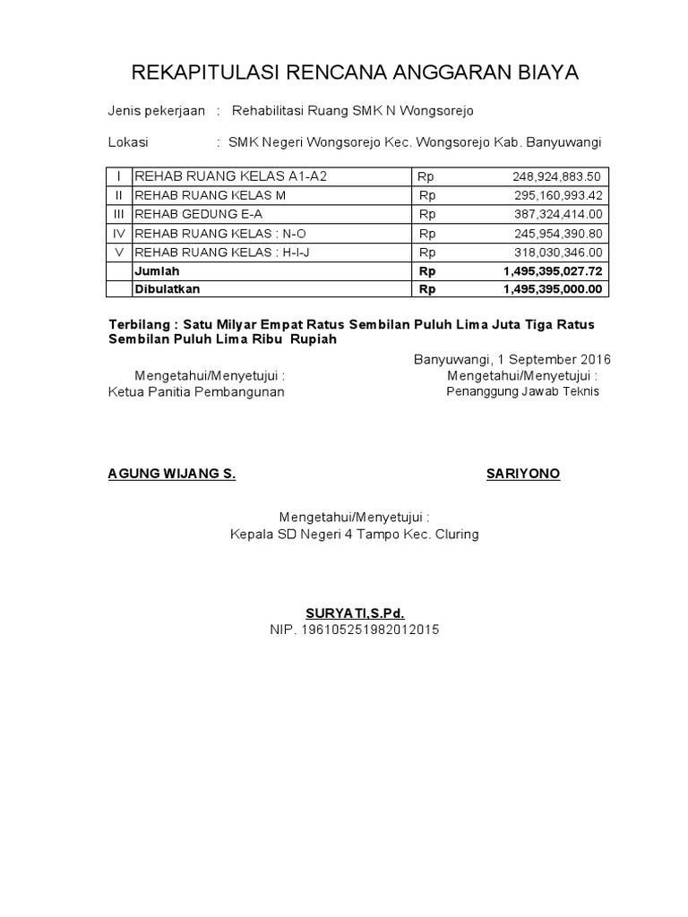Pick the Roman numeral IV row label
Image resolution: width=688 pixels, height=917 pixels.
[x=118, y=233]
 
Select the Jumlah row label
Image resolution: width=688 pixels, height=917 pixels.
[x=156, y=270]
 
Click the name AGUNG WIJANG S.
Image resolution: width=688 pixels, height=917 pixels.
[x=172, y=474]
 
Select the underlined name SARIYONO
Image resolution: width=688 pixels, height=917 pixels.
[x=523, y=474]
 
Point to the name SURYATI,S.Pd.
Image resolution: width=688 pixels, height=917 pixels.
[x=355, y=613]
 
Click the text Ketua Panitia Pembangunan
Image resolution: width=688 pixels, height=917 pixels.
[x=196, y=392]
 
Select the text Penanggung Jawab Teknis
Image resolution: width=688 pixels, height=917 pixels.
[x=523, y=391]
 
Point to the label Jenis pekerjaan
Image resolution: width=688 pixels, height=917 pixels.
[x=157, y=111]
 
